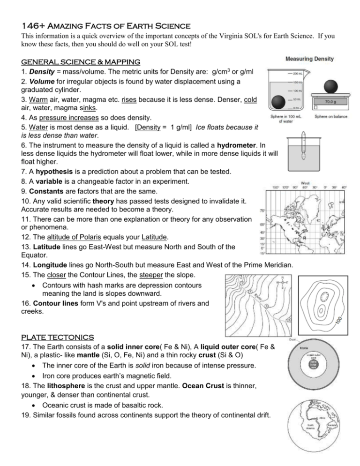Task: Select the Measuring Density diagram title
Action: (x=310, y=59)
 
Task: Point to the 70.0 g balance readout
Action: (x=332, y=101)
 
